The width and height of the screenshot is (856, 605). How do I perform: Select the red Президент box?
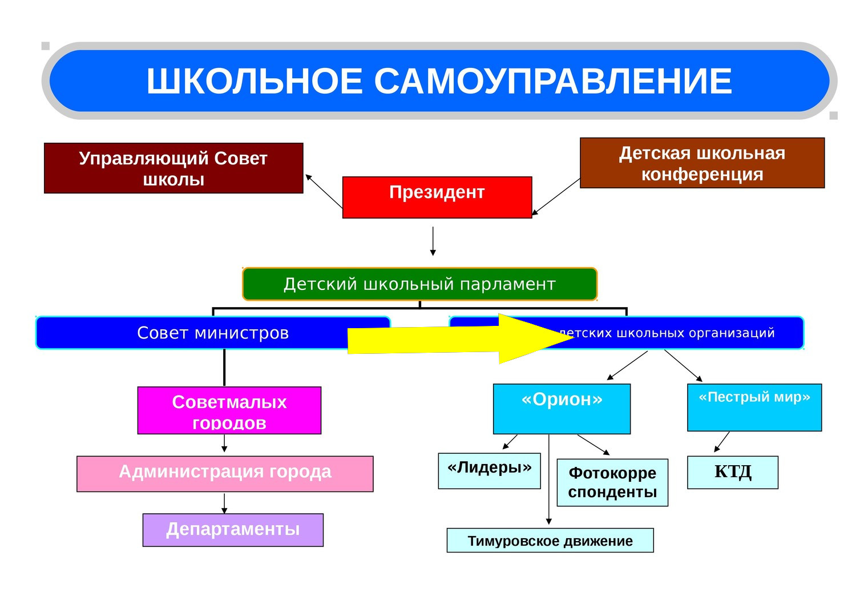tap(437, 197)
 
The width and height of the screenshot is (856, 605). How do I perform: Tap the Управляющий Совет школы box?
tap(173, 168)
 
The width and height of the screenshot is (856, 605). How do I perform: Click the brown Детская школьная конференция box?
tap(702, 163)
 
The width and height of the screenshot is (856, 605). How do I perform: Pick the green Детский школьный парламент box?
tap(419, 284)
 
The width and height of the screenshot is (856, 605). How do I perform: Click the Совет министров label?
tap(213, 333)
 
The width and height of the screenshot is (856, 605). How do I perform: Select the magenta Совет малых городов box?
tap(229, 411)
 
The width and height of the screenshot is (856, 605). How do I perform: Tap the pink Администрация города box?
tap(225, 474)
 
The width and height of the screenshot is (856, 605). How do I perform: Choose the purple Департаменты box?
tap(233, 530)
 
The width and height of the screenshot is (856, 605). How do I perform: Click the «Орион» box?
tap(562, 409)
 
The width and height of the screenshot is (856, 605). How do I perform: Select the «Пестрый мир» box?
tap(754, 408)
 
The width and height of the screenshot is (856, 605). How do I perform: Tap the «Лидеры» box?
tap(489, 471)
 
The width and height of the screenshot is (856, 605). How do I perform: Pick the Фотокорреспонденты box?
tap(612, 483)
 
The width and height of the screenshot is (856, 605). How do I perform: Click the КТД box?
tap(732, 472)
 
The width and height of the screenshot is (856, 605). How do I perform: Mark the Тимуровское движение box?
tap(550, 541)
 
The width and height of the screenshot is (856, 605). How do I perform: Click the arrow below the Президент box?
tap(433, 241)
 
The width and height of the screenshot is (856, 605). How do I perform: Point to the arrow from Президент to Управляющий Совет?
tap(324, 191)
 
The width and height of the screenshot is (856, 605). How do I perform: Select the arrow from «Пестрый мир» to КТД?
tap(722, 442)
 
